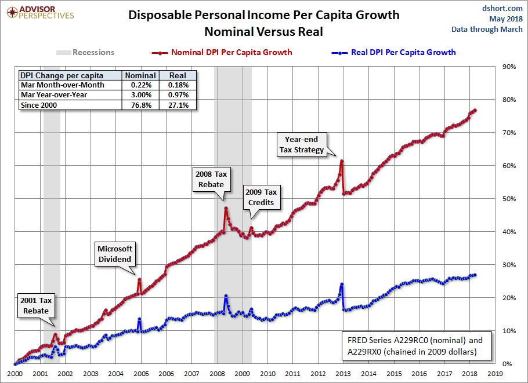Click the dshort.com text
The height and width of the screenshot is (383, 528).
coord(502,8)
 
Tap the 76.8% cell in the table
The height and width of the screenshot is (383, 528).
coord(140,105)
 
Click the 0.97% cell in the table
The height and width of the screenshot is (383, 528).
coord(178,94)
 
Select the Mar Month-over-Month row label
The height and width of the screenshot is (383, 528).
coord(62,85)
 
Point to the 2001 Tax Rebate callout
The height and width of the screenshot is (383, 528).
coord(36,306)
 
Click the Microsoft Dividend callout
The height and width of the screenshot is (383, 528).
coord(115,253)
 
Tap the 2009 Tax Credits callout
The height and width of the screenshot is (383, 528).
coord(261,197)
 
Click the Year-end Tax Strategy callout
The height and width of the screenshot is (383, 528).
coord(305,144)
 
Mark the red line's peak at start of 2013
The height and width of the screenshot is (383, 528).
coord(342,161)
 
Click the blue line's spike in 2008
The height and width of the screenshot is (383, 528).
coord(225,296)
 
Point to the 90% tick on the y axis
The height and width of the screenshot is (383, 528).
coord(509,67)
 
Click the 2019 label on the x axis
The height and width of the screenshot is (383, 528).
coord(495,374)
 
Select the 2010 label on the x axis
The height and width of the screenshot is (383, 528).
coord(267,374)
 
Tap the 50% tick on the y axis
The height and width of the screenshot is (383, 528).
coord(509,199)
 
